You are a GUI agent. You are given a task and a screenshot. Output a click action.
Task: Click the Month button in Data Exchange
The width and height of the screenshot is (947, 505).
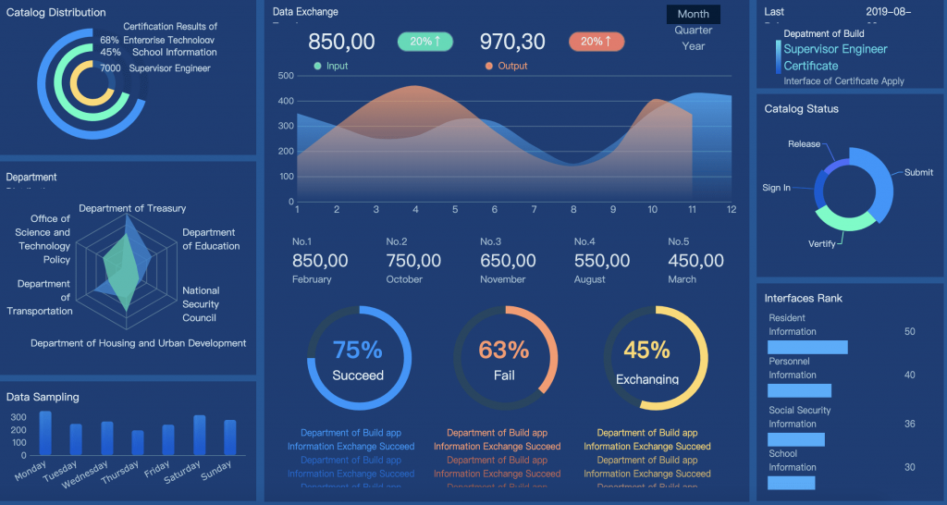pos(693,14)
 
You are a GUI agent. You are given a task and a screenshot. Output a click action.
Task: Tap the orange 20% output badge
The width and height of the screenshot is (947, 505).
pos(596,42)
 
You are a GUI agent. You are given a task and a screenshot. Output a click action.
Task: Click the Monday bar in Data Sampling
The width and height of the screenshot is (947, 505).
pos(45,433)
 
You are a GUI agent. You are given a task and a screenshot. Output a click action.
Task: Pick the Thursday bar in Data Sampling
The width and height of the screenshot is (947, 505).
pos(138,442)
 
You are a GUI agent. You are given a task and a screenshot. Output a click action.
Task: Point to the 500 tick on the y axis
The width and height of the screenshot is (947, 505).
pos(285,76)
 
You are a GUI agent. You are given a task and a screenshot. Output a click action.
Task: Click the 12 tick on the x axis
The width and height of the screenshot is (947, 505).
pos(731,210)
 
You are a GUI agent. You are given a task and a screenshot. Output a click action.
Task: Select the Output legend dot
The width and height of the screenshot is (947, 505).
pos(489,67)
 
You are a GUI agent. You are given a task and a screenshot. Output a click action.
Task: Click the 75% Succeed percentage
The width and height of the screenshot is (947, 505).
pos(358,350)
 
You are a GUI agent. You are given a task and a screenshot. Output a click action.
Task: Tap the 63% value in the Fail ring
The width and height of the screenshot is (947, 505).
pos(504,350)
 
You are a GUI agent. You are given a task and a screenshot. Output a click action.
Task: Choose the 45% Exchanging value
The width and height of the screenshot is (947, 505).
pos(646,350)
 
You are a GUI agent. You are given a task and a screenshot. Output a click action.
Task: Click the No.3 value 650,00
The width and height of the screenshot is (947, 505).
pos(508,261)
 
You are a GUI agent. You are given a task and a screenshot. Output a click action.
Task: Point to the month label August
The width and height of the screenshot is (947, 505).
pos(590,279)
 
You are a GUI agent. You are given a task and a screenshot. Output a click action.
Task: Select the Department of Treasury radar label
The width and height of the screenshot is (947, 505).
pos(132,209)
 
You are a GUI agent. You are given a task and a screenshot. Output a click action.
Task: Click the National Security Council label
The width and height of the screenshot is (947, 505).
pos(201,304)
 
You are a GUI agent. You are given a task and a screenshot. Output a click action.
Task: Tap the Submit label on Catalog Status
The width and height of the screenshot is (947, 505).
pos(918,172)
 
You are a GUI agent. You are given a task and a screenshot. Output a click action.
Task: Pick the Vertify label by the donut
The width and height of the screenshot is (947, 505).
pos(822,244)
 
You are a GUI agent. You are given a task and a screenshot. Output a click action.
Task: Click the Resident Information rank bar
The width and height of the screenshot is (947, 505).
pos(808,347)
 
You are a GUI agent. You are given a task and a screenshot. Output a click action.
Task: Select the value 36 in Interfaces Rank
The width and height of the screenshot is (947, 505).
pos(909,424)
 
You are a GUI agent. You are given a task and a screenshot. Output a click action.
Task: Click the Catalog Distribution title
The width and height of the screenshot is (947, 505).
pos(55,13)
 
